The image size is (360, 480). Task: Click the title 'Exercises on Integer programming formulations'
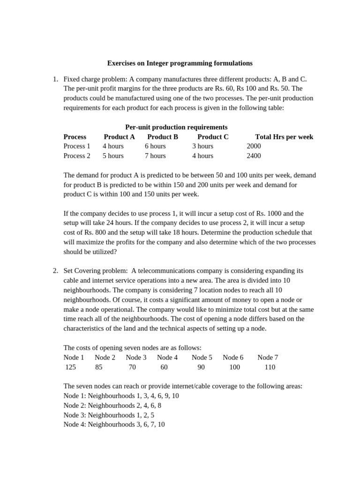click(180, 63)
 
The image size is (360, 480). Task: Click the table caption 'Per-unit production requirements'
click(176, 127)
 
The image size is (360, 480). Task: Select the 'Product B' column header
click(163, 137)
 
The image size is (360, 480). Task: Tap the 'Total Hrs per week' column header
click(284, 137)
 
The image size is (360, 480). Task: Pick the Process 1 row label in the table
click(77, 146)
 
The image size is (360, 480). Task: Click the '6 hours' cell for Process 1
click(155, 146)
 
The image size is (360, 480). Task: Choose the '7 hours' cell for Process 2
click(155, 156)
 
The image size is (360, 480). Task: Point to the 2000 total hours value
click(254, 146)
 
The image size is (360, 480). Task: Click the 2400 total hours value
click(254, 156)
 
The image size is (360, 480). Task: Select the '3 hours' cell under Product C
click(202, 146)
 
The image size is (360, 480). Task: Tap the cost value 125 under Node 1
click(70, 367)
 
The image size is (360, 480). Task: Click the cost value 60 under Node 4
click(164, 367)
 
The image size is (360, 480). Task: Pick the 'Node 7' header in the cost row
click(268, 357)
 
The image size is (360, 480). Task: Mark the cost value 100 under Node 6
click(234, 367)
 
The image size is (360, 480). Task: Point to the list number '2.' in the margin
click(55, 270)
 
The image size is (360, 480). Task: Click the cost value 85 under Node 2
click(98, 367)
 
